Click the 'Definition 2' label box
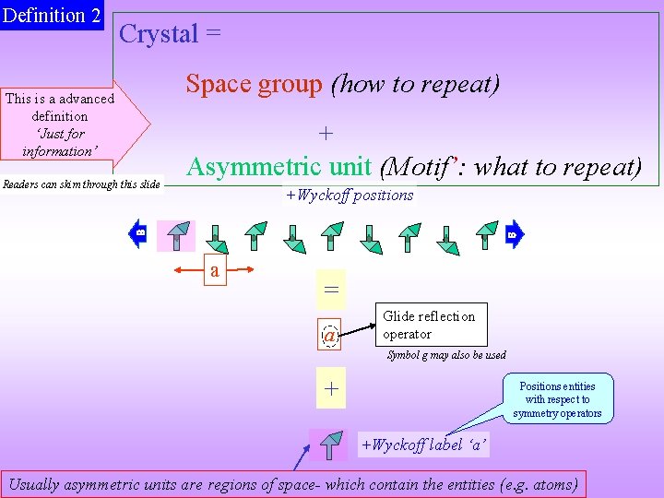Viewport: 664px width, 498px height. [x=52, y=16]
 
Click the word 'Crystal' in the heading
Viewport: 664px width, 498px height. [x=159, y=34]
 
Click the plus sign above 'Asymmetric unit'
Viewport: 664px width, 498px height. [x=326, y=134]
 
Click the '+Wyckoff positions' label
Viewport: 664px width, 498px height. [x=350, y=195]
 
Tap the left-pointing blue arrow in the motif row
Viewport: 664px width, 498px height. [x=137, y=233]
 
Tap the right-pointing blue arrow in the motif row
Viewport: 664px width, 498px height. [x=515, y=233]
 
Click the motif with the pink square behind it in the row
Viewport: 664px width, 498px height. [x=176, y=236]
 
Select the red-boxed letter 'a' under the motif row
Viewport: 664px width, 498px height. [x=215, y=271]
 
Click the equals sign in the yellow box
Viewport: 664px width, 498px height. [x=331, y=289]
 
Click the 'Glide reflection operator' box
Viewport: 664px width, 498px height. [x=429, y=325]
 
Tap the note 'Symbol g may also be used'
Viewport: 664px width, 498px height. [x=446, y=355]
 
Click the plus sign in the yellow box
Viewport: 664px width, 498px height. [x=331, y=390]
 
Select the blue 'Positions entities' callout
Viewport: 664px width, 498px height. [x=557, y=399]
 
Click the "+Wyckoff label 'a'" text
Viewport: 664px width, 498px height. [x=423, y=445]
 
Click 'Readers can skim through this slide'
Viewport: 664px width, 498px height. [x=81, y=184]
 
